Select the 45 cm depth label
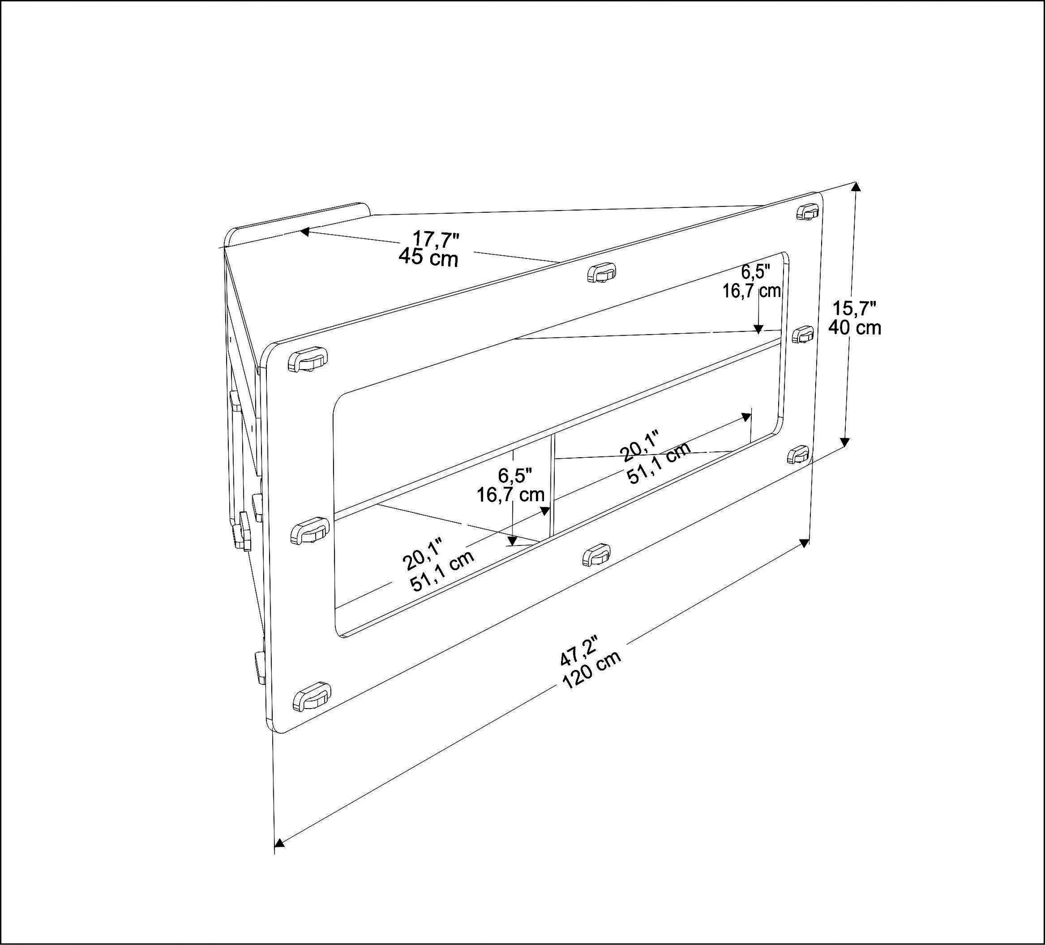[x=429, y=258]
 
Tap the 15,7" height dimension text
[x=854, y=308]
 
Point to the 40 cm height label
[x=854, y=327]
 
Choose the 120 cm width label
[x=592, y=670]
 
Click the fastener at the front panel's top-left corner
[x=308, y=359]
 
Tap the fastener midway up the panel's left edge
[x=309, y=531]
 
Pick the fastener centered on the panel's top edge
[x=601, y=272]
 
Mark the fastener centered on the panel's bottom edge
[x=597, y=554]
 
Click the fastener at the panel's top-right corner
[x=807, y=212]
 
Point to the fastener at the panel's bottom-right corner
[x=799, y=455]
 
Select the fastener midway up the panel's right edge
[x=803, y=334]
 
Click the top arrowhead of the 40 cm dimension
[x=857, y=186]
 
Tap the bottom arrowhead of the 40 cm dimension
[x=845, y=442]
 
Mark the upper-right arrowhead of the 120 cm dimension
[x=804, y=543]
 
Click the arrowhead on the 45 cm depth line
[x=304, y=232]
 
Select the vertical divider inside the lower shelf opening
[x=552, y=484]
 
